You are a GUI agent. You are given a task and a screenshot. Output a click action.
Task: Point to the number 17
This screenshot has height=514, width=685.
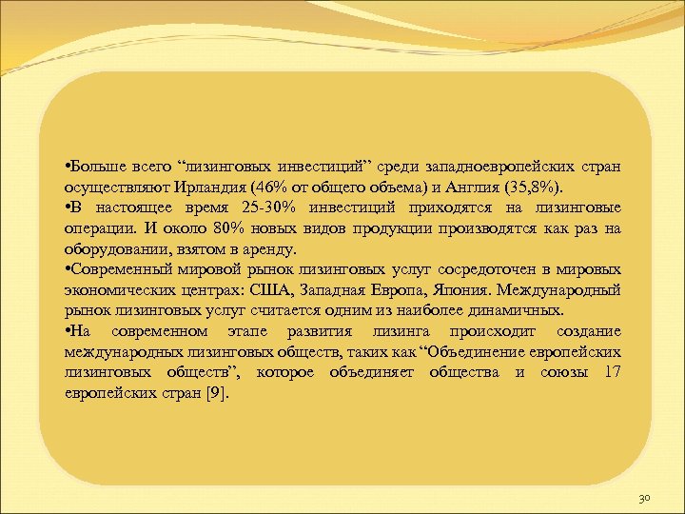tap(612, 372)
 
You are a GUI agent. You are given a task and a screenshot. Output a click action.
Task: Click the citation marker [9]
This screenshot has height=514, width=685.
tap(217, 393)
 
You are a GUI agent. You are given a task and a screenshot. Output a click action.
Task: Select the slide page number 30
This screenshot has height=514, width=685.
tap(644, 496)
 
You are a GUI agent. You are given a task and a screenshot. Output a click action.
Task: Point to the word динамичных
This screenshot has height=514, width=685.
tap(514, 310)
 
